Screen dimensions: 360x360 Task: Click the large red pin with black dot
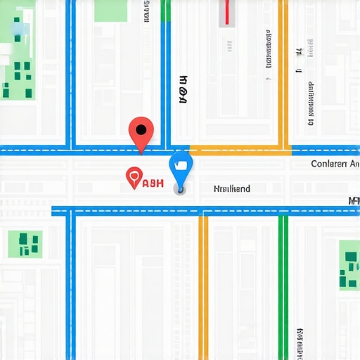pos(141,132)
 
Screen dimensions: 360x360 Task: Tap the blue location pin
pos(181,167)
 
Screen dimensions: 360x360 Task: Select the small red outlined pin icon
pos(132,177)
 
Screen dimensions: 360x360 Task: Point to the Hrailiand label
pos(231,188)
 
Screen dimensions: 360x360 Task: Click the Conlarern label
pos(334,164)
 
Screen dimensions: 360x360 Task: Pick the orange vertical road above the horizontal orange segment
pos(285,70)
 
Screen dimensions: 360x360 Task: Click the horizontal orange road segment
pos(239,150)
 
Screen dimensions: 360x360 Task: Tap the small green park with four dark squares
pos(25,244)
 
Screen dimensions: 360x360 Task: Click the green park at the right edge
pos(349,264)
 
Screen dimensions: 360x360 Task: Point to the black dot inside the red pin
pos(141,129)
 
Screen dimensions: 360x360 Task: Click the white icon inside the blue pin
pos(181,164)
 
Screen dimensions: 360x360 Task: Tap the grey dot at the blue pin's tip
pos(181,189)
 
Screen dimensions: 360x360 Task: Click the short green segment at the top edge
pos(165,10)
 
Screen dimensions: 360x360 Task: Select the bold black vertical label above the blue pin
pos(184,90)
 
